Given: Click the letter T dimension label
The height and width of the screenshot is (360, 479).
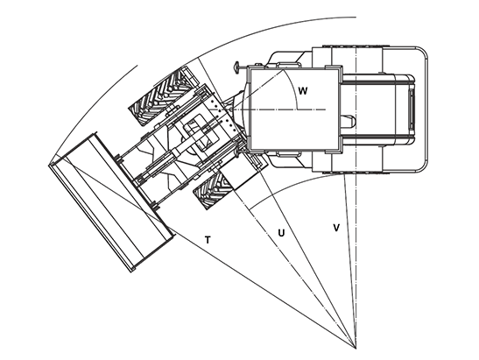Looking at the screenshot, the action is [x=208, y=240].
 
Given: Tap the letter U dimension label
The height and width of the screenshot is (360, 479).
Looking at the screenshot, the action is [x=281, y=233].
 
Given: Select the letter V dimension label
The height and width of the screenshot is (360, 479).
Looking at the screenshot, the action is [x=336, y=228].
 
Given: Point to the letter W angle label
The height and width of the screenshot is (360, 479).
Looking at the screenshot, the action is [x=302, y=91].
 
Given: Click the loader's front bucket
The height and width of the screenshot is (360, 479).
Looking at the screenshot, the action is [x=111, y=201].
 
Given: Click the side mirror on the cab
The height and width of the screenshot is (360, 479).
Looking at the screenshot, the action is [x=236, y=67].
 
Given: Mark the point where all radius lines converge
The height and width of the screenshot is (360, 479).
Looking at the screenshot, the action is [x=356, y=349].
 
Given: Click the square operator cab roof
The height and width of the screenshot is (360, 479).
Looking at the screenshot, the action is [x=294, y=109].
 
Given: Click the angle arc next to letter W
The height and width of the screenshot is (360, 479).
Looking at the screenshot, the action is [x=295, y=88].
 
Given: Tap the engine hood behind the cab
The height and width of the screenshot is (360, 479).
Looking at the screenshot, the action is [x=377, y=109].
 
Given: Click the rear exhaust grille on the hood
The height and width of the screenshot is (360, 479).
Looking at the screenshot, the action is [x=412, y=109].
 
